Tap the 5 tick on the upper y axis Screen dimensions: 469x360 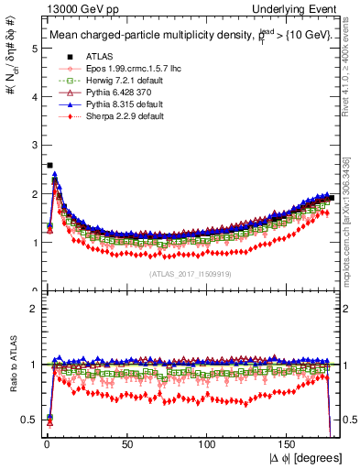[34, 49]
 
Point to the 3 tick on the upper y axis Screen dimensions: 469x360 [34, 146]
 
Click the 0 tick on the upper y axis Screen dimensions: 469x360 [34, 290]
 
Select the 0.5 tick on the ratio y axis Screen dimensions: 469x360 [30, 420]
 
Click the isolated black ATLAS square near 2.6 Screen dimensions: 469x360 [49, 166]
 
